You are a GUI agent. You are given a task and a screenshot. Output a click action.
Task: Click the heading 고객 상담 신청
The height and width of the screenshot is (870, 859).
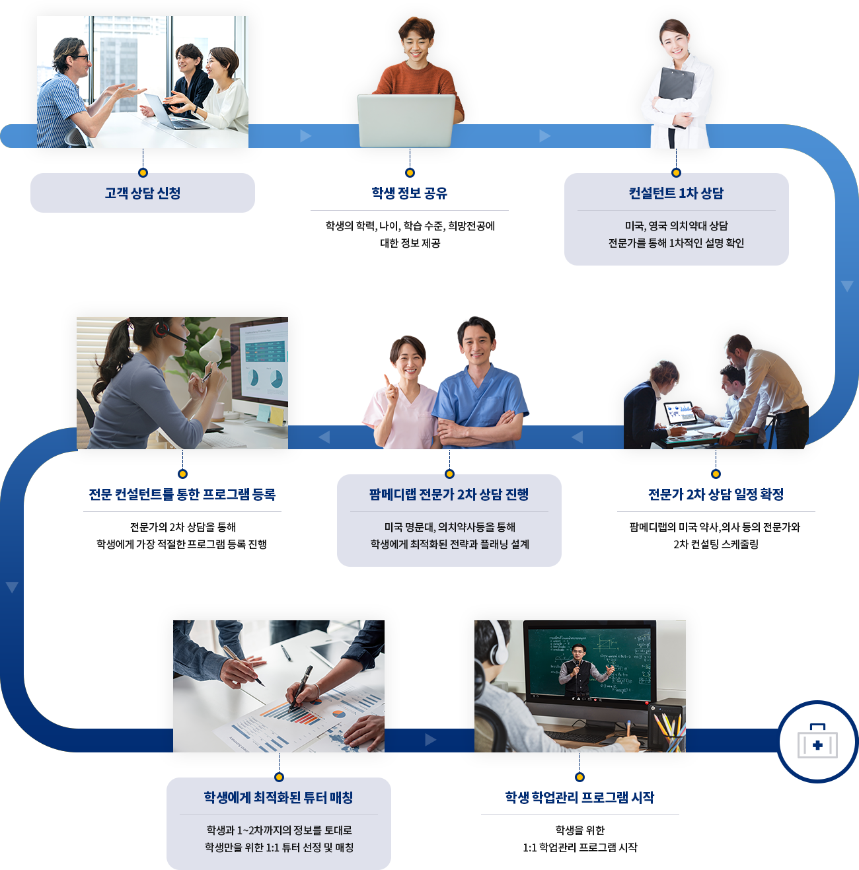(x=143, y=193)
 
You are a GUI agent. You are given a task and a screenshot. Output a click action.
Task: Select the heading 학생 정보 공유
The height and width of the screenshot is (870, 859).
(x=410, y=193)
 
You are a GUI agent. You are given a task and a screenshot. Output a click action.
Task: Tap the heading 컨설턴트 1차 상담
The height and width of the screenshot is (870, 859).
(x=676, y=193)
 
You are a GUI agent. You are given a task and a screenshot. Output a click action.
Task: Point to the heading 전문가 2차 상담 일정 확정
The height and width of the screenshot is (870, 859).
(x=716, y=494)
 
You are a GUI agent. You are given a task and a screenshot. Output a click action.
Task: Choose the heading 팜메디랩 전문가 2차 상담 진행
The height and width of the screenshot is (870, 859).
(x=449, y=494)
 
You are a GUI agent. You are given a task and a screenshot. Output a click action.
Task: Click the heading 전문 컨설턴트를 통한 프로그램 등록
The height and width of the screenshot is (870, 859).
(x=182, y=494)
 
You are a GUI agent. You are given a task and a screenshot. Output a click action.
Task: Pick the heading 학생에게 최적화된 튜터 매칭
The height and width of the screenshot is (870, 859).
(x=278, y=797)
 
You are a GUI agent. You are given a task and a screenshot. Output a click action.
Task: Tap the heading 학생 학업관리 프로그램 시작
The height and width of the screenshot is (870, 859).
(x=579, y=797)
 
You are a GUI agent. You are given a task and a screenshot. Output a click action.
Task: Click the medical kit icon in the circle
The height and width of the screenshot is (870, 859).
(x=817, y=743)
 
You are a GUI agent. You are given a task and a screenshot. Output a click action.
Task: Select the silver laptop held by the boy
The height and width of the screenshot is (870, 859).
(x=406, y=119)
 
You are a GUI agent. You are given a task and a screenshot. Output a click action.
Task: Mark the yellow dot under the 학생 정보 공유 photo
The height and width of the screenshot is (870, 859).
(x=410, y=172)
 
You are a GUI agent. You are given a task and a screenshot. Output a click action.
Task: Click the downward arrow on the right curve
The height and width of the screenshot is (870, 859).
(x=847, y=286)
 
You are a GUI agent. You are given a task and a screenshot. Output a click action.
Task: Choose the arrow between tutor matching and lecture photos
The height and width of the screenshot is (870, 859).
(x=431, y=740)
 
